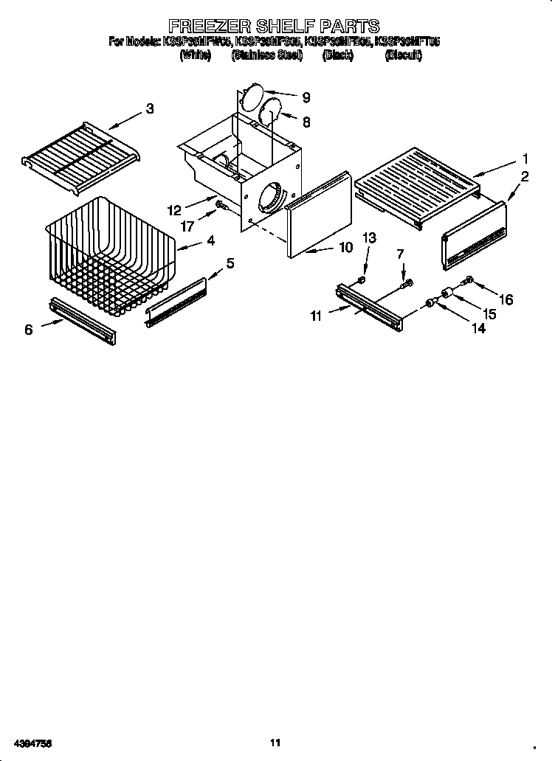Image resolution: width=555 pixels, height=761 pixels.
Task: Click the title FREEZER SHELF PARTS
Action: point(274,27)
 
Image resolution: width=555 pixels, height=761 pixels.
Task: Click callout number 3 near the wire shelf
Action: point(150,108)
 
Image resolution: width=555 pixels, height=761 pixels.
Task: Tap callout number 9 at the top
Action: point(306,97)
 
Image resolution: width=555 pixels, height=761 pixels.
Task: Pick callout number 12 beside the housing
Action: point(174,209)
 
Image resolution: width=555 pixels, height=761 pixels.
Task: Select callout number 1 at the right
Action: point(525,158)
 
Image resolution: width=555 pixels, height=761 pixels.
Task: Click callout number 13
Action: point(369,237)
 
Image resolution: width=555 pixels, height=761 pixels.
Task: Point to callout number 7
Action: point(401,254)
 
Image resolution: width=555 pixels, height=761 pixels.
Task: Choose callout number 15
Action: point(488,313)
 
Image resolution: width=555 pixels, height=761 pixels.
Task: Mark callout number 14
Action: point(478,330)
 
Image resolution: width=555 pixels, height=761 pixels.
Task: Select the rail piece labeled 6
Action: point(83,320)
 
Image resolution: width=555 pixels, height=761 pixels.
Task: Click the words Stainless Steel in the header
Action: point(266,55)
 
